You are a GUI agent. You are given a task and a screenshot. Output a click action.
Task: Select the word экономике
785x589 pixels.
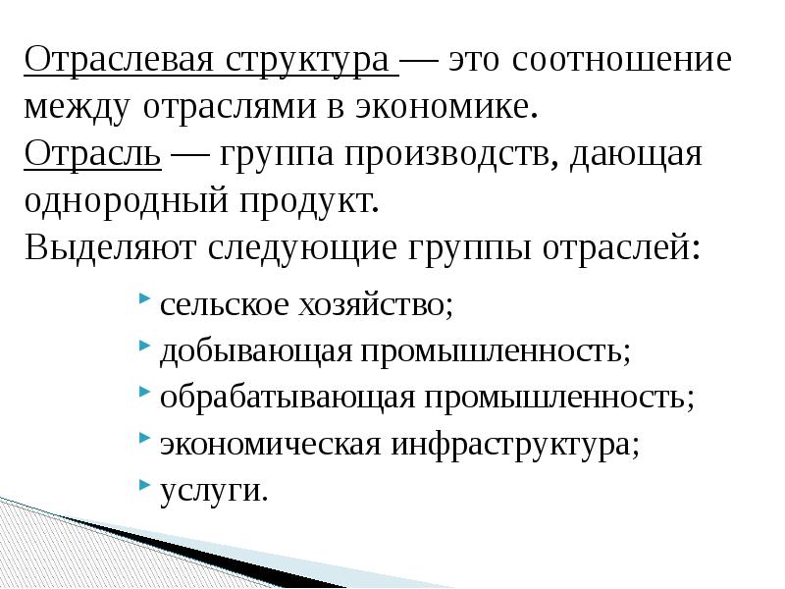tap(456, 108)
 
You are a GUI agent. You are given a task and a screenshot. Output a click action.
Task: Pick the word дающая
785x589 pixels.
tap(640, 154)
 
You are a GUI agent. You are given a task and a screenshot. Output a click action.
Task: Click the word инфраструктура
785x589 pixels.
tap(513, 444)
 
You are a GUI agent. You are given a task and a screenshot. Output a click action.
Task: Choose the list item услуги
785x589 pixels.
tap(213, 490)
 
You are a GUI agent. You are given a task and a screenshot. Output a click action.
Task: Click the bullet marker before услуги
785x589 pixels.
tap(145, 485)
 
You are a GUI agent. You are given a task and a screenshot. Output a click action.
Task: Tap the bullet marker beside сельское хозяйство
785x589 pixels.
tap(145, 300)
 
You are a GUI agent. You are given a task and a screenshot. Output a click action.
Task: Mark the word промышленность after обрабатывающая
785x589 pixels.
tap(558, 398)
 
